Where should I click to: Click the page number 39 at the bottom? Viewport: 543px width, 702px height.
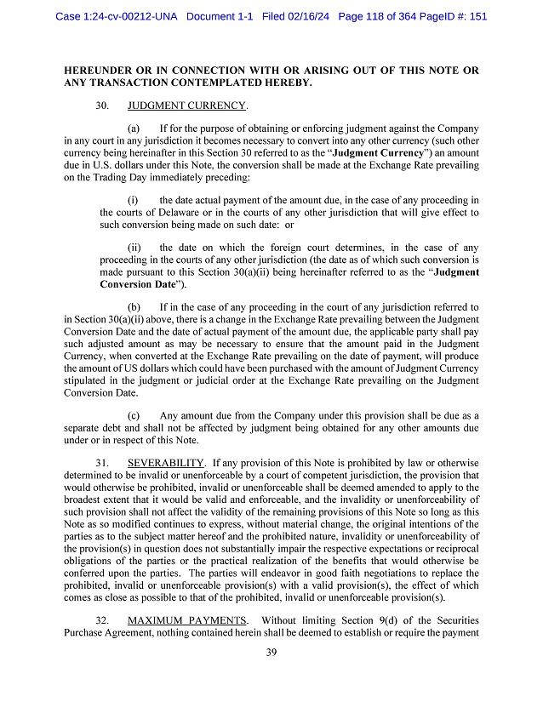(x=271, y=652)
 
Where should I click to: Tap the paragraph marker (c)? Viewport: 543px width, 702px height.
(x=134, y=414)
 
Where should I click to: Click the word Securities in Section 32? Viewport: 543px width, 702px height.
(x=452, y=619)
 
